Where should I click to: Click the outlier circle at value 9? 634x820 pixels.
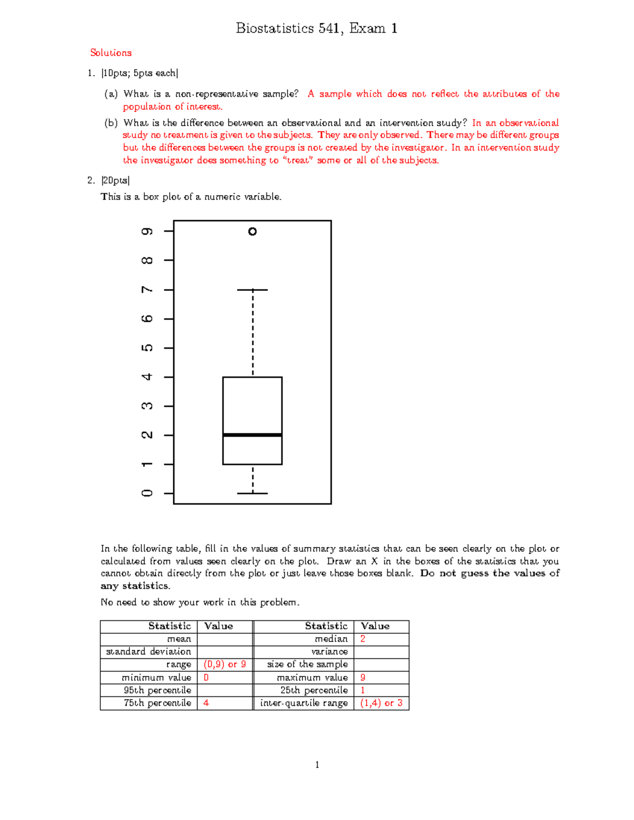(x=253, y=231)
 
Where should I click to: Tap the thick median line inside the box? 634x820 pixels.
(x=253, y=435)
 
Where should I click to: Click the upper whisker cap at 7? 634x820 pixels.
(x=253, y=289)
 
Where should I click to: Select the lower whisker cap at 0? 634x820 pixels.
(x=253, y=493)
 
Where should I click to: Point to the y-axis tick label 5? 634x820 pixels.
(x=147, y=348)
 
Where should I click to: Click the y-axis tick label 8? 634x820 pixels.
(x=147, y=260)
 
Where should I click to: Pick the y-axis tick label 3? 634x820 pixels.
(x=147, y=406)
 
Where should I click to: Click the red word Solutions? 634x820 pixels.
(x=111, y=53)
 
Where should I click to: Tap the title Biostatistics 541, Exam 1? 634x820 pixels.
(x=316, y=29)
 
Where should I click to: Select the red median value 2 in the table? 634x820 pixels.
(x=363, y=639)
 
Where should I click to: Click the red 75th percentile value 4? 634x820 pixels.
(x=206, y=703)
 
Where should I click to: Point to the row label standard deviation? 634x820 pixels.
(x=148, y=652)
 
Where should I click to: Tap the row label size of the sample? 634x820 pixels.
(x=307, y=664)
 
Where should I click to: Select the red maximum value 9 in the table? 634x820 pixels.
(x=363, y=677)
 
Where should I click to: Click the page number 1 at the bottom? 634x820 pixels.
(x=317, y=765)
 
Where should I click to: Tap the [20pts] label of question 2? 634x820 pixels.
(x=115, y=181)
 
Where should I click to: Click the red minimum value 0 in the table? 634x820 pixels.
(x=206, y=677)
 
